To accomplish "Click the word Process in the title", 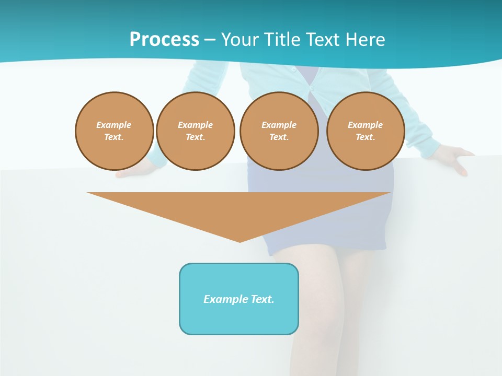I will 164,40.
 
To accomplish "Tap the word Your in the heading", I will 240,40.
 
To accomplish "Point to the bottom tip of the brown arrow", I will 240,241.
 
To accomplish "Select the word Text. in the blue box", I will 263,299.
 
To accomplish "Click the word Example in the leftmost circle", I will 114,125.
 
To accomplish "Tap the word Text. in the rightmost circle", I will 366,137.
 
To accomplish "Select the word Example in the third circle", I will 279,125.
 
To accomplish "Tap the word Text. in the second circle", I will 195,137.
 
